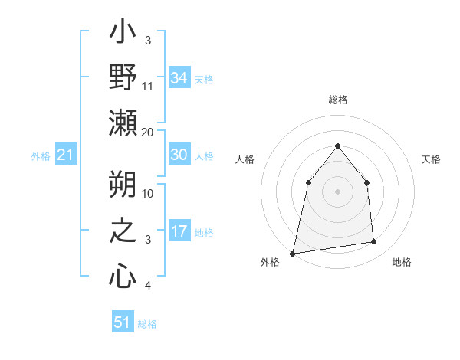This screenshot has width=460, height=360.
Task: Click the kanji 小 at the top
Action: (x=123, y=34)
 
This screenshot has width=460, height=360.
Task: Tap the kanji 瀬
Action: (x=123, y=123)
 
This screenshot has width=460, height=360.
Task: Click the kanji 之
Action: (x=123, y=231)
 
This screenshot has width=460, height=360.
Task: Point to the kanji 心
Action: (x=123, y=277)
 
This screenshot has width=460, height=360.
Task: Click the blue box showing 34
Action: (x=179, y=77)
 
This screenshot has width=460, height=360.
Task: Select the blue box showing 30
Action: (x=179, y=155)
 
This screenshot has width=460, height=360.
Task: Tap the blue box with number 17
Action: (x=179, y=231)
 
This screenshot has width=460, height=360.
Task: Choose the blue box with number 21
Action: (x=66, y=155)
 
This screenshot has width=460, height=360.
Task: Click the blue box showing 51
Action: (x=123, y=322)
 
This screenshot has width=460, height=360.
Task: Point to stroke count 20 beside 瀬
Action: (x=148, y=132)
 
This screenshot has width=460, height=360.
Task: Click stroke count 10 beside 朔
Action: (x=149, y=193)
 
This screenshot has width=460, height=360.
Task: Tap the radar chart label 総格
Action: (x=337, y=100)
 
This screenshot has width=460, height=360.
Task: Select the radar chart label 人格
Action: (x=245, y=159)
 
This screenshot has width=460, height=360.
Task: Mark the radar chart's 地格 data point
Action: (x=374, y=242)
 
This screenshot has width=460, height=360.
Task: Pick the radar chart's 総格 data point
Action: (x=337, y=146)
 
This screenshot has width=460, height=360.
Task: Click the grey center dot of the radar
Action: (x=337, y=191)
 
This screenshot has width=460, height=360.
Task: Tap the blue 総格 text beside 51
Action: (x=147, y=324)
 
